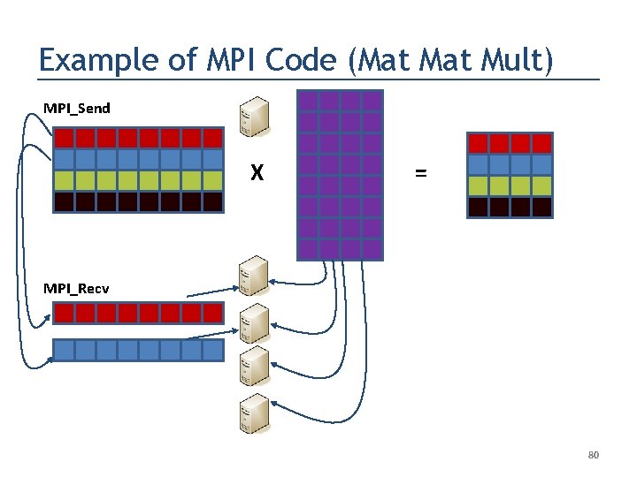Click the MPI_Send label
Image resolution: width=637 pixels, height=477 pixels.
pos(77,109)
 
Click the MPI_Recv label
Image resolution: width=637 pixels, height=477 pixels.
pos(77,288)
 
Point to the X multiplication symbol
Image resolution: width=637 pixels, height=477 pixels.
pos(257,174)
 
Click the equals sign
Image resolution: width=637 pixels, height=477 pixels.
pos(420,174)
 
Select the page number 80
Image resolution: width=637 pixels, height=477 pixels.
pos(594,455)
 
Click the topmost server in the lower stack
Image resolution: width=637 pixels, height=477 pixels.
pos(253,276)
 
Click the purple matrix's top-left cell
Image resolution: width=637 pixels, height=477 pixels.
pos(308,101)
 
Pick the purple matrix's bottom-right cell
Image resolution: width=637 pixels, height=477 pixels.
pos(372,249)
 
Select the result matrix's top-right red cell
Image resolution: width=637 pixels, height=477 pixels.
pos(541,143)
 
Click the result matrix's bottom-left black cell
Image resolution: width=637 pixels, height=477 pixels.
pos(478,208)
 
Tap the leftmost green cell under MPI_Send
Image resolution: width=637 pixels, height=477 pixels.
pos(65,180)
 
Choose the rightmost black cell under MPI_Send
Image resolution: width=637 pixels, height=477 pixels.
pos(212,201)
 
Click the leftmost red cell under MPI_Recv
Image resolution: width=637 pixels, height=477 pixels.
pos(65,313)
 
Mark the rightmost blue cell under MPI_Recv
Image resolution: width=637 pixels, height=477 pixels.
pos(212,351)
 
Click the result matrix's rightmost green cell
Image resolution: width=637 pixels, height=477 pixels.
pos(541,186)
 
